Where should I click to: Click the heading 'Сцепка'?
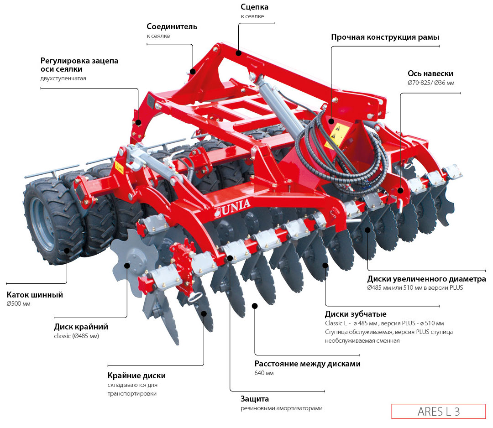point(254,7)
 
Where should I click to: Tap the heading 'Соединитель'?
point(172,26)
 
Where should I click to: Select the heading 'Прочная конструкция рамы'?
point(385,37)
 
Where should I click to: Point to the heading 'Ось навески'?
point(430,73)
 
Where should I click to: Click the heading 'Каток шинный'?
point(35,295)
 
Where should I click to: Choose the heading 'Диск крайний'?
point(81,327)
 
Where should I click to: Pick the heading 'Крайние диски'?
point(136,376)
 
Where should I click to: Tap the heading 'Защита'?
point(255,398)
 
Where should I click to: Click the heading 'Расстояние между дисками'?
point(307,364)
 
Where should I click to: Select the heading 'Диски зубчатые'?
point(356,314)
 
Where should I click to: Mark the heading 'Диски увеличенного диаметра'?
point(426,279)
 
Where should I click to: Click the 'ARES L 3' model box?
point(438,411)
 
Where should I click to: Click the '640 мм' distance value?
point(264,373)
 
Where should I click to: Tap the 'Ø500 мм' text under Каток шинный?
point(18,304)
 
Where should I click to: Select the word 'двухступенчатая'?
point(63,78)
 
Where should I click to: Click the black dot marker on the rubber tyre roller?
point(67,250)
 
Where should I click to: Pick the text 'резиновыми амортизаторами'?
point(282,408)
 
